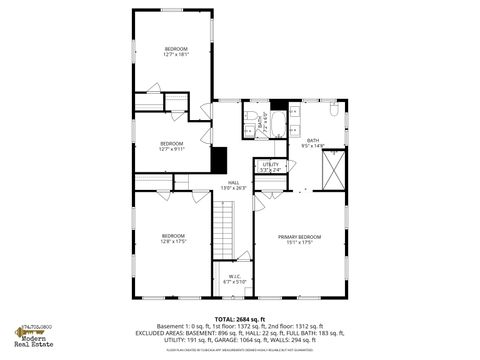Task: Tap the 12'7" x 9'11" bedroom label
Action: (172, 146)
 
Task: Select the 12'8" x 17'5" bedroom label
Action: (173, 238)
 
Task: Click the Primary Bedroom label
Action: (298, 238)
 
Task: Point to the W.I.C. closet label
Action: (233, 279)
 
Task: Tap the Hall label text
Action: (233, 185)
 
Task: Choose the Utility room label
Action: (270, 167)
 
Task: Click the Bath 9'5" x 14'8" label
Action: (313, 143)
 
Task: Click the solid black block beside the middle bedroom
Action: (219, 160)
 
